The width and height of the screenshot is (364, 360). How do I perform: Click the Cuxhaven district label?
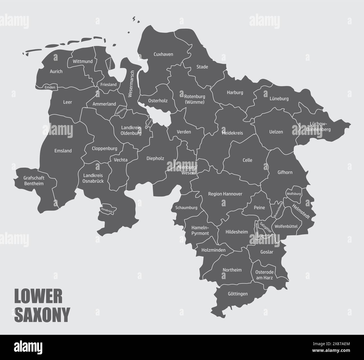tap(163, 54)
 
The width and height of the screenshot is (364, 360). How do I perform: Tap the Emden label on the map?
tap(50, 87)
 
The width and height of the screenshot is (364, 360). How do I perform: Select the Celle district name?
tap(247, 160)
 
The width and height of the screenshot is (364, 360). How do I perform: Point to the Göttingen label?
tap(238, 294)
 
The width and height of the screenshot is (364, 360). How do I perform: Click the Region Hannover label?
tap(225, 194)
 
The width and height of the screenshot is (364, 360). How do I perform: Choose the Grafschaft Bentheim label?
tap(34, 181)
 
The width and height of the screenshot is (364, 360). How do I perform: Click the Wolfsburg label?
tap(293, 194)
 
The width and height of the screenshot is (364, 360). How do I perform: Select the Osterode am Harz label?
tap(264, 275)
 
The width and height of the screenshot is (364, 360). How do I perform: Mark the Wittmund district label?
tap(83, 61)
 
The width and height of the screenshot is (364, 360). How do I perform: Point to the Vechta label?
tap(121, 160)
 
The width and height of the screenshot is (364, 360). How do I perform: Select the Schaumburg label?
tap(186, 208)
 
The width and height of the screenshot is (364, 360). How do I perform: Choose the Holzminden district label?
tap(213, 250)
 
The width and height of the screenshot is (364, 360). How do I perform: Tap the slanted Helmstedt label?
tap(300, 211)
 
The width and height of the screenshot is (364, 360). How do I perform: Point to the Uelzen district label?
tap(276, 132)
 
